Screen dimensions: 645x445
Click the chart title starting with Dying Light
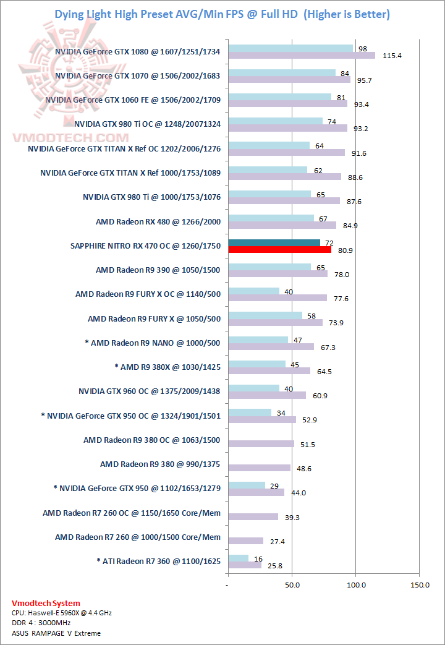point(222,14)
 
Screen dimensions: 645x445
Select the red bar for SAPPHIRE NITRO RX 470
point(279,250)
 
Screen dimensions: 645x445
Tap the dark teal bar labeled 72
point(274,242)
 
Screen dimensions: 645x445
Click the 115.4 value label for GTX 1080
point(392,56)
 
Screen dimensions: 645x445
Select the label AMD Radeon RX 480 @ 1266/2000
point(158,221)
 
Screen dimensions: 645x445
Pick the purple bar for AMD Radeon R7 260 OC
point(253,516)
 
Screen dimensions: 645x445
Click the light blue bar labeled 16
point(238,558)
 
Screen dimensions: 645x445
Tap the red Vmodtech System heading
point(46,603)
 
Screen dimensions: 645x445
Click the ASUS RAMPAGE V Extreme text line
point(56,633)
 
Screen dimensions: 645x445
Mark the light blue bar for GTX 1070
point(282,72)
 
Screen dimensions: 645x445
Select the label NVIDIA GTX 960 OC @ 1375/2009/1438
point(150,391)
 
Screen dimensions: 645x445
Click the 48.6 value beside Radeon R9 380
point(303,469)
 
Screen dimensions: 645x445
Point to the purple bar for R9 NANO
point(271,347)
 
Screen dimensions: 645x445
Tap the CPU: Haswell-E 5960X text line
point(62,613)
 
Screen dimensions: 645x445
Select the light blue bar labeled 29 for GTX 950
point(246,485)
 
